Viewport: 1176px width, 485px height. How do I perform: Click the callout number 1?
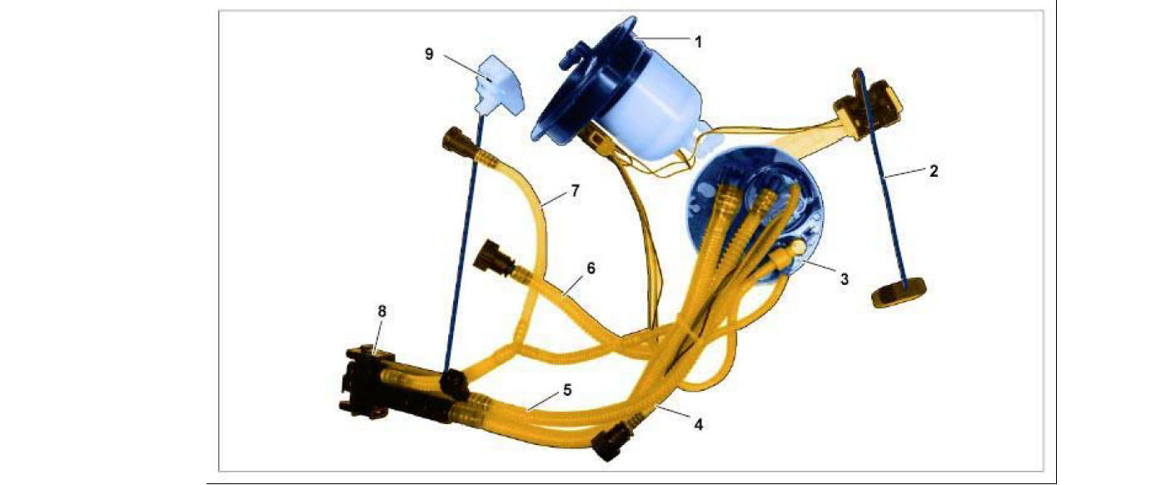698,42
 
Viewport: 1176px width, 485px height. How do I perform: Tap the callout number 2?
933,171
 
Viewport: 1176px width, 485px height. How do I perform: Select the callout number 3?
844,279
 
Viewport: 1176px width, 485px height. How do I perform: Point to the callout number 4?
698,424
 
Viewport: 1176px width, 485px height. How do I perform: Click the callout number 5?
567,390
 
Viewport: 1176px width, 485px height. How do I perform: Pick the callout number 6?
590,268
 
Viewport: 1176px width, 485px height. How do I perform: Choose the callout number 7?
575,191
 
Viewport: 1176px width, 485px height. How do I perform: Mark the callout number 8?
381,312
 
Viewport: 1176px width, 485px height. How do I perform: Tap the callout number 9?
429,54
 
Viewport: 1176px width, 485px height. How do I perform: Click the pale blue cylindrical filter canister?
651,113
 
